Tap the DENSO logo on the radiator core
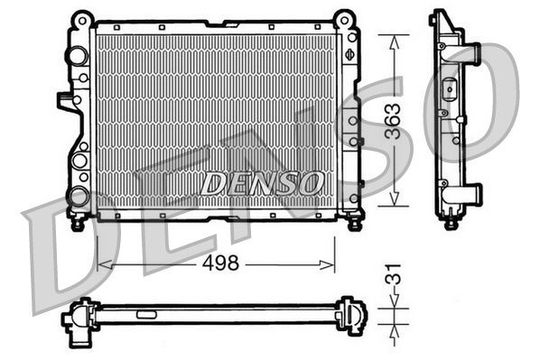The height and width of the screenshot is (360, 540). pos(262,183)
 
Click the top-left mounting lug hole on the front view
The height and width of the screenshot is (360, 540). pos(81,17)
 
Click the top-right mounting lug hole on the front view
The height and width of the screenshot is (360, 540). pos(344,17)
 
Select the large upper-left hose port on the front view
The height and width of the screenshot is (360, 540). pos(75,55)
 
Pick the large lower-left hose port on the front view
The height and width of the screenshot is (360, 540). pos(78,195)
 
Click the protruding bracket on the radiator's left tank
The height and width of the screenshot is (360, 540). pos(64,101)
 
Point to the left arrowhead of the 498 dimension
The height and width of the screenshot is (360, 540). pos(100,264)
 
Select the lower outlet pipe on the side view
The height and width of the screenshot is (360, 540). pos(471,194)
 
